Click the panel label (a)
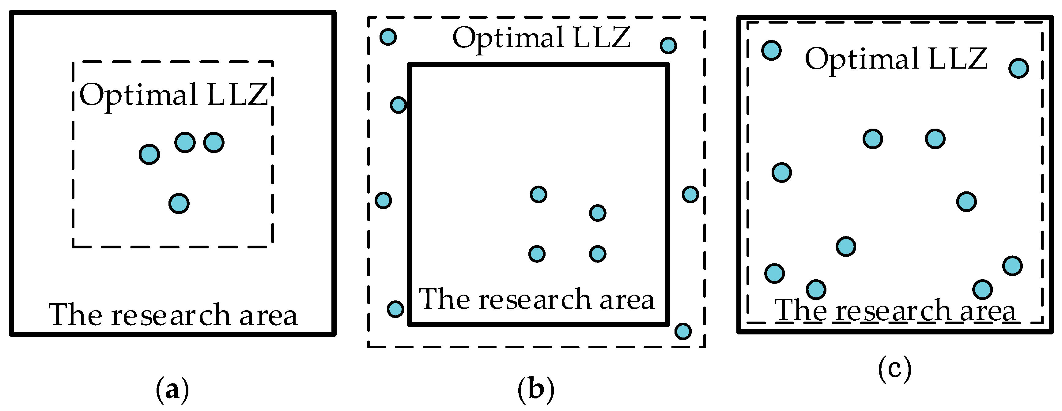tap(172, 390)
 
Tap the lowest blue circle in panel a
tap(179, 204)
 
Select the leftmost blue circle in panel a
tap(149, 155)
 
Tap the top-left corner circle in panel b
tap(388, 37)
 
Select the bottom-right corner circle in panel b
tap(683, 331)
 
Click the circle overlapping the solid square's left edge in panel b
tap(398, 105)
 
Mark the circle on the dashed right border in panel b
tap(690, 194)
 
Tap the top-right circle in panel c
tap(1018, 68)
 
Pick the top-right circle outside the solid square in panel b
tap(668, 45)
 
